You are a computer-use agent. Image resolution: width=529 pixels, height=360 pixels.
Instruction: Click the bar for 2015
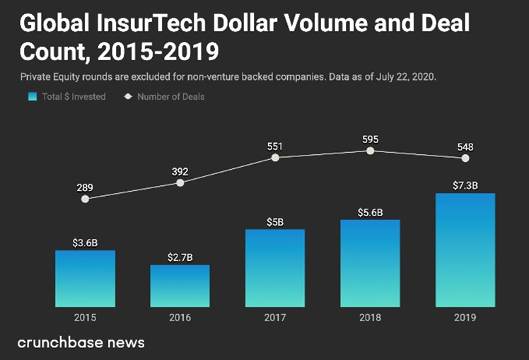[x=85, y=278]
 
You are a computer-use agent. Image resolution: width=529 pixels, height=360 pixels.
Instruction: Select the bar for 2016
[x=180, y=285]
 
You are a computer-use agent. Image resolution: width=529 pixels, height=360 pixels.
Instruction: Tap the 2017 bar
[x=275, y=267]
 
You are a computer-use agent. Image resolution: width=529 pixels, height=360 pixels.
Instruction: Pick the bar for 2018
[x=370, y=262]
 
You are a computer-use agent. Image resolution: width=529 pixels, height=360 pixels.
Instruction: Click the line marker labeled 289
[x=85, y=199]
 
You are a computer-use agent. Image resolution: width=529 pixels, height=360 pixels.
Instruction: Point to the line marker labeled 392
[x=180, y=182]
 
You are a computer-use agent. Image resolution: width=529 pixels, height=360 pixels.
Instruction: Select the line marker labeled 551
[x=275, y=157]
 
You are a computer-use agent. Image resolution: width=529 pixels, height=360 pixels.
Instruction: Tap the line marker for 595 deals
[x=370, y=151]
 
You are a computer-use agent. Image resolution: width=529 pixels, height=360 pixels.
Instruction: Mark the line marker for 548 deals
[x=465, y=158]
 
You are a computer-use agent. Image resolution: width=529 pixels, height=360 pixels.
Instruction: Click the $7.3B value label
[x=465, y=185]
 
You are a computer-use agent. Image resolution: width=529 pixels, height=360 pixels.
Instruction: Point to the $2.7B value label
[x=180, y=257]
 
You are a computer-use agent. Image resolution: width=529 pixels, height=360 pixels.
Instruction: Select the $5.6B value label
[x=370, y=211]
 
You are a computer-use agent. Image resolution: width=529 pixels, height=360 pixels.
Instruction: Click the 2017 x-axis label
[x=275, y=318]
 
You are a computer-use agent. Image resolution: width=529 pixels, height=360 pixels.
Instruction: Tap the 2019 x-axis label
[x=465, y=318]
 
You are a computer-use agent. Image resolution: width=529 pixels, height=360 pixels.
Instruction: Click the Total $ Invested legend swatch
[x=32, y=97]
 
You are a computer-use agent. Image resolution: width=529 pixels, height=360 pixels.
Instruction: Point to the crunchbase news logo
[x=81, y=343]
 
